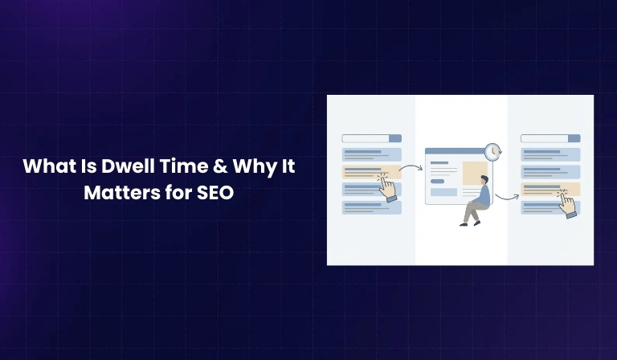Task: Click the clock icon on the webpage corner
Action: pyautogui.click(x=493, y=150)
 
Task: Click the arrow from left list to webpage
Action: pyautogui.click(x=412, y=168)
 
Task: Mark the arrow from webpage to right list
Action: pyautogui.click(x=506, y=195)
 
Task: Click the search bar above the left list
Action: pyautogui.click(x=371, y=138)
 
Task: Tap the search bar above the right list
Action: pyautogui.click(x=550, y=138)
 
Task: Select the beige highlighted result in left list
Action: pyautogui.click(x=366, y=172)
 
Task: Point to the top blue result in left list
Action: pyautogui.click(x=371, y=154)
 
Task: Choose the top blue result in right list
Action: pyautogui.click(x=550, y=154)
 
